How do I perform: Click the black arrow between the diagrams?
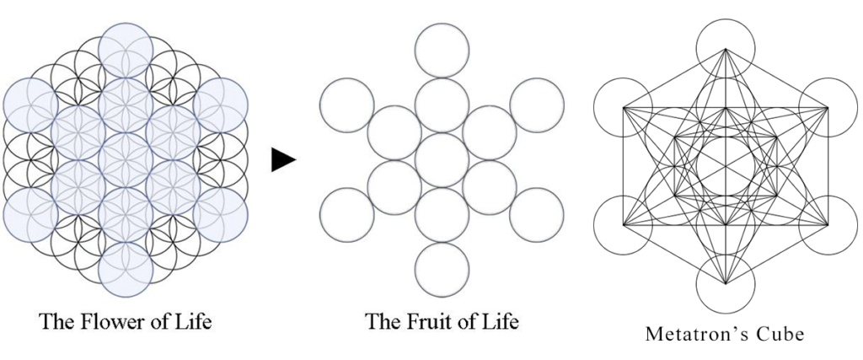(283, 160)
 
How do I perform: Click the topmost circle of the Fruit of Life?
(442, 51)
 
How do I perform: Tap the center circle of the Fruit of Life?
(442, 160)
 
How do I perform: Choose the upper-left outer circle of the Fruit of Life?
(346, 105)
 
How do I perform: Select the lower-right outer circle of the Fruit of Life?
(537, 215)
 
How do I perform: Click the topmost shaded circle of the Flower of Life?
(126, 50)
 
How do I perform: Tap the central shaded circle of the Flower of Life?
(126, 160)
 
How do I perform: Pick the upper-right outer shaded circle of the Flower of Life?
(221, 105)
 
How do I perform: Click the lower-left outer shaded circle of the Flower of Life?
(30, 215)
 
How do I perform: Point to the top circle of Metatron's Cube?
(726, 49)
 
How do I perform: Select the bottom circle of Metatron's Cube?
(726, 283)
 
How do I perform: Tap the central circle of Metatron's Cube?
(726, 166)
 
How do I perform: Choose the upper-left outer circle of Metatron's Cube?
(624, 107)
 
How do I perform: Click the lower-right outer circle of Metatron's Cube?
(828, 225)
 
